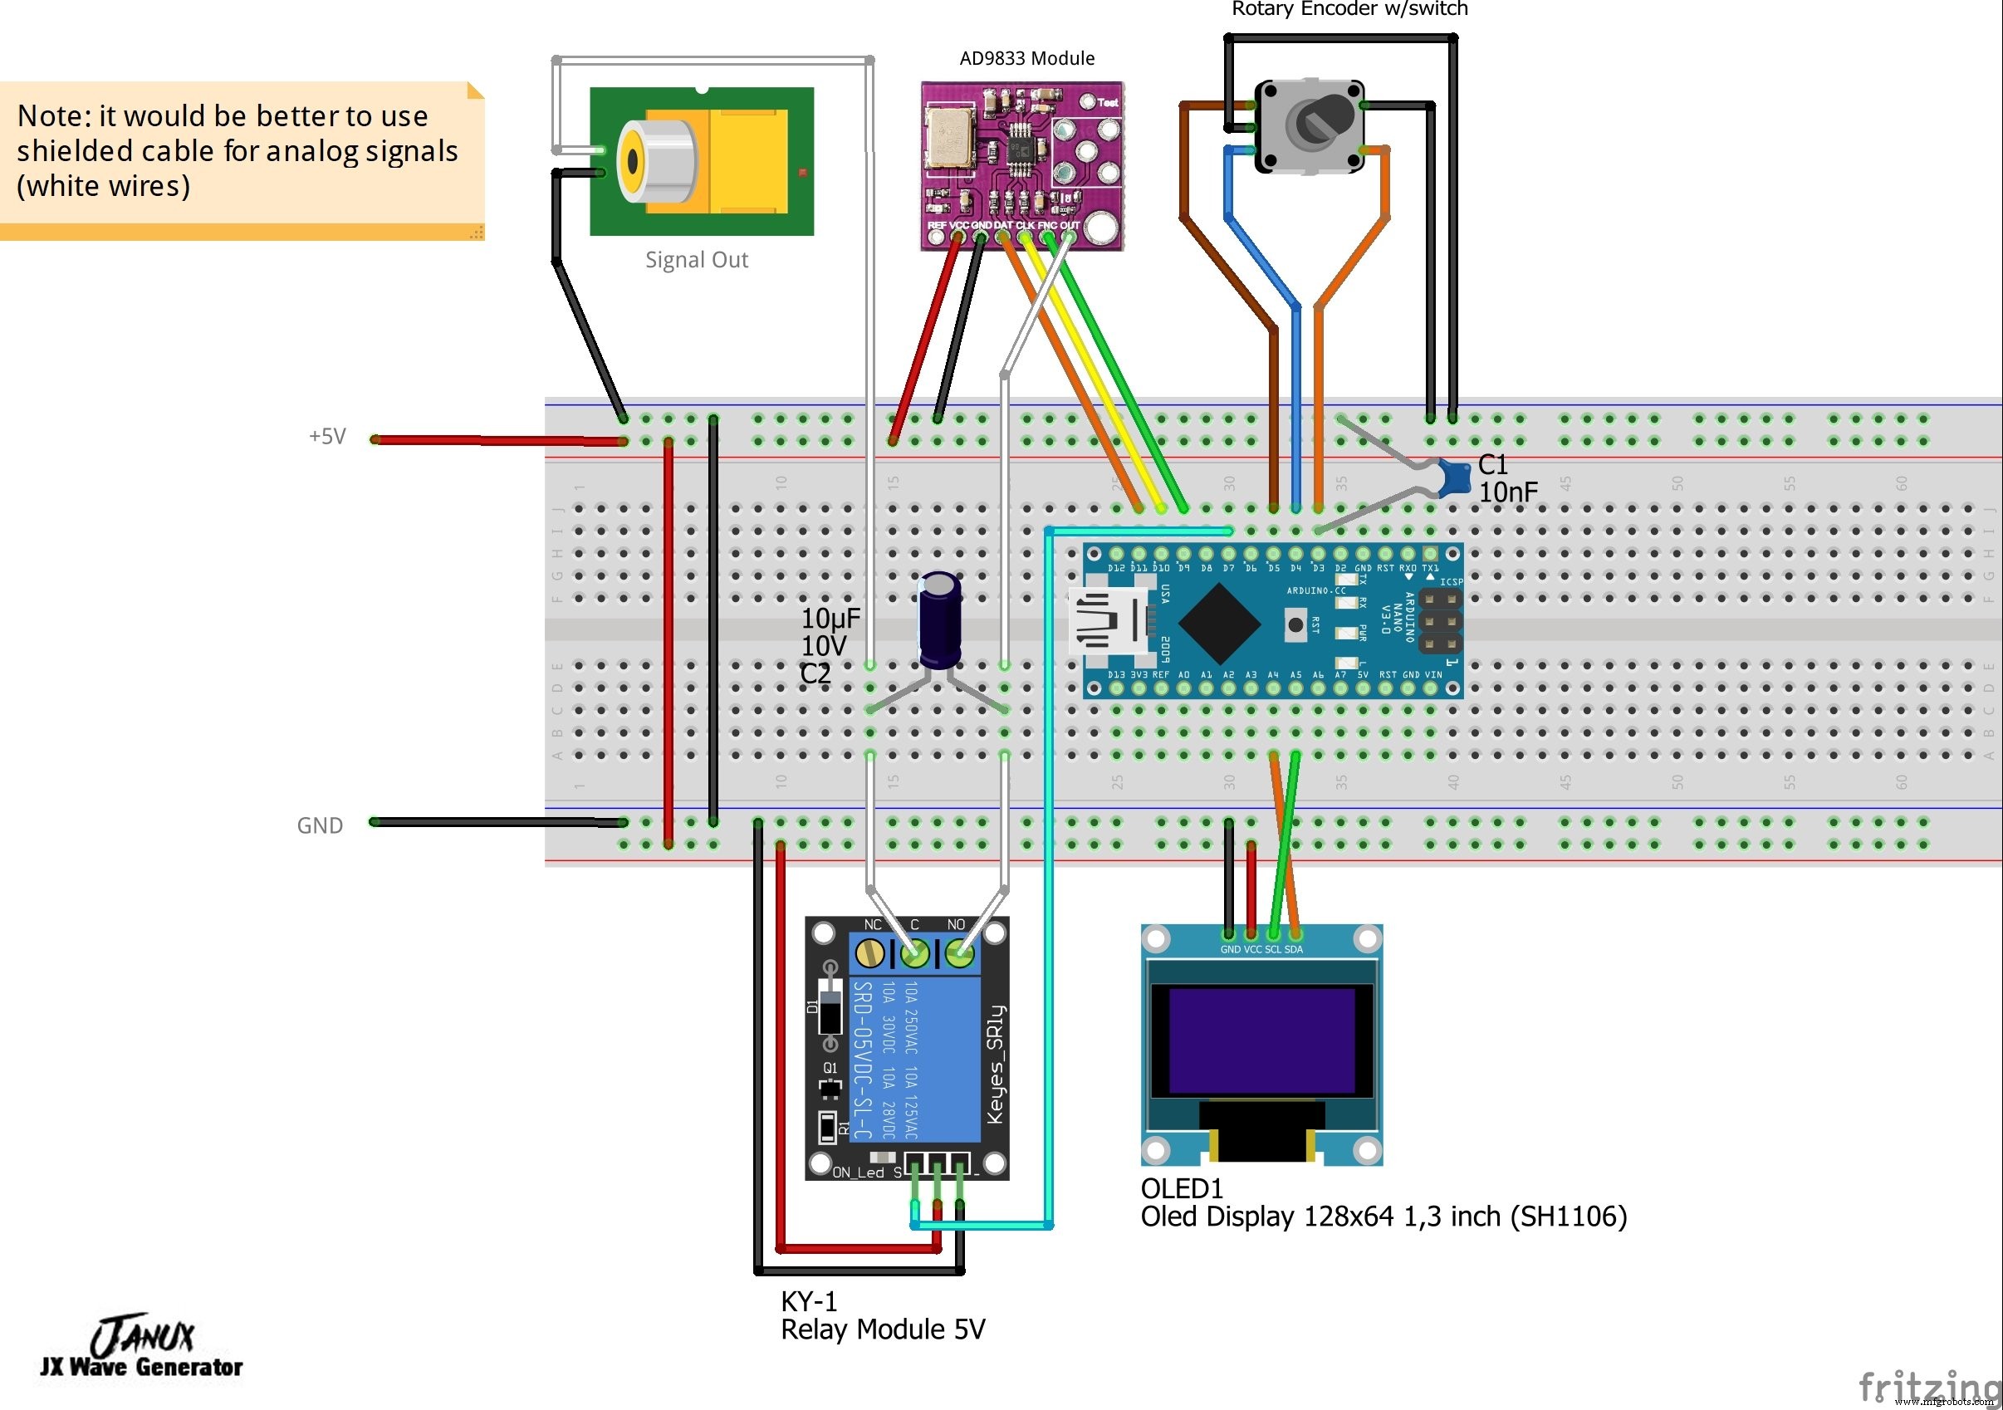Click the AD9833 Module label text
(1026, 58)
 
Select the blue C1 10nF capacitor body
(1452, 478)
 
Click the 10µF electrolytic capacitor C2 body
(939, 619)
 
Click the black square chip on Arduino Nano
(1219, 622)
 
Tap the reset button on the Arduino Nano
(1295, 624)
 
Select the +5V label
(327, 436)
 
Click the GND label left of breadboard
(319, 825)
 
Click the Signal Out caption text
(696, 260)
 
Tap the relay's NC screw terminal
(869, 953)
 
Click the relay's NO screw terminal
(959, 953)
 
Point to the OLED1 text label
(1181, 1188)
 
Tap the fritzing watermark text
(1927, 1387)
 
